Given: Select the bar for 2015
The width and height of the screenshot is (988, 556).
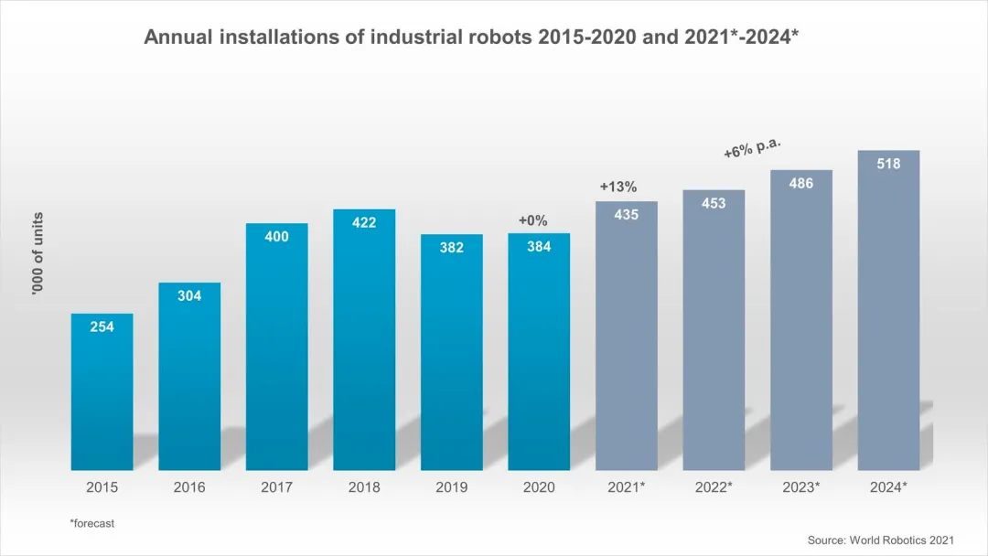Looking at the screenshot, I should click(x=102, y=393).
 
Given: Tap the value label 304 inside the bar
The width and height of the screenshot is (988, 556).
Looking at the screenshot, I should click(x=189, y=296).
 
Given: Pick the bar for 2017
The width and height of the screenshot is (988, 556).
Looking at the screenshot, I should click(x=276, y=347).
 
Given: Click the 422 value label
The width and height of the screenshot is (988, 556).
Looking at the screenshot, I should click(x=364, y=222).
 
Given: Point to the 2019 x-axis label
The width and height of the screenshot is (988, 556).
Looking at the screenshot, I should click(x=451, y=487).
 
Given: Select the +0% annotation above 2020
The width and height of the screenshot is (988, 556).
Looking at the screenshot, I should click(x=532, y=220).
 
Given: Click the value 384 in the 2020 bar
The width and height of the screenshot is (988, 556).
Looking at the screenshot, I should click(x=539, y=247).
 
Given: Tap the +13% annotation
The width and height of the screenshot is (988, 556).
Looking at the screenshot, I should click(x=617, y=187).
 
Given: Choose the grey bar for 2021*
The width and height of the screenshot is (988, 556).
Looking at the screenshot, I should click(x=626, y=338).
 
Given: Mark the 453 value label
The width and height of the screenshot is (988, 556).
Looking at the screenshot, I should click(x=714, y=203).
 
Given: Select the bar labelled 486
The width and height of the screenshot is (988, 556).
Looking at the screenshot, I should click(x=801, y=320).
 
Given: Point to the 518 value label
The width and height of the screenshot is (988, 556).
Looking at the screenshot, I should click(x=888, y=165).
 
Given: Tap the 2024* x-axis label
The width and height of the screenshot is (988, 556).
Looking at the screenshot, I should click(x=888, y=487).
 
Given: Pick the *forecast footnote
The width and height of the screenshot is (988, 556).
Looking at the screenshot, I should click(x=91, y=524).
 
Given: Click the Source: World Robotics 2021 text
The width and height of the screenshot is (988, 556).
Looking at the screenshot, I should click(x=880, y=540).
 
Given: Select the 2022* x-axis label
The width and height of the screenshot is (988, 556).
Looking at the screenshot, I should click(x=714, y=487).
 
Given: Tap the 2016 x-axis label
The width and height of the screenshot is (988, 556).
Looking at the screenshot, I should click(x=189, y=487).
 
